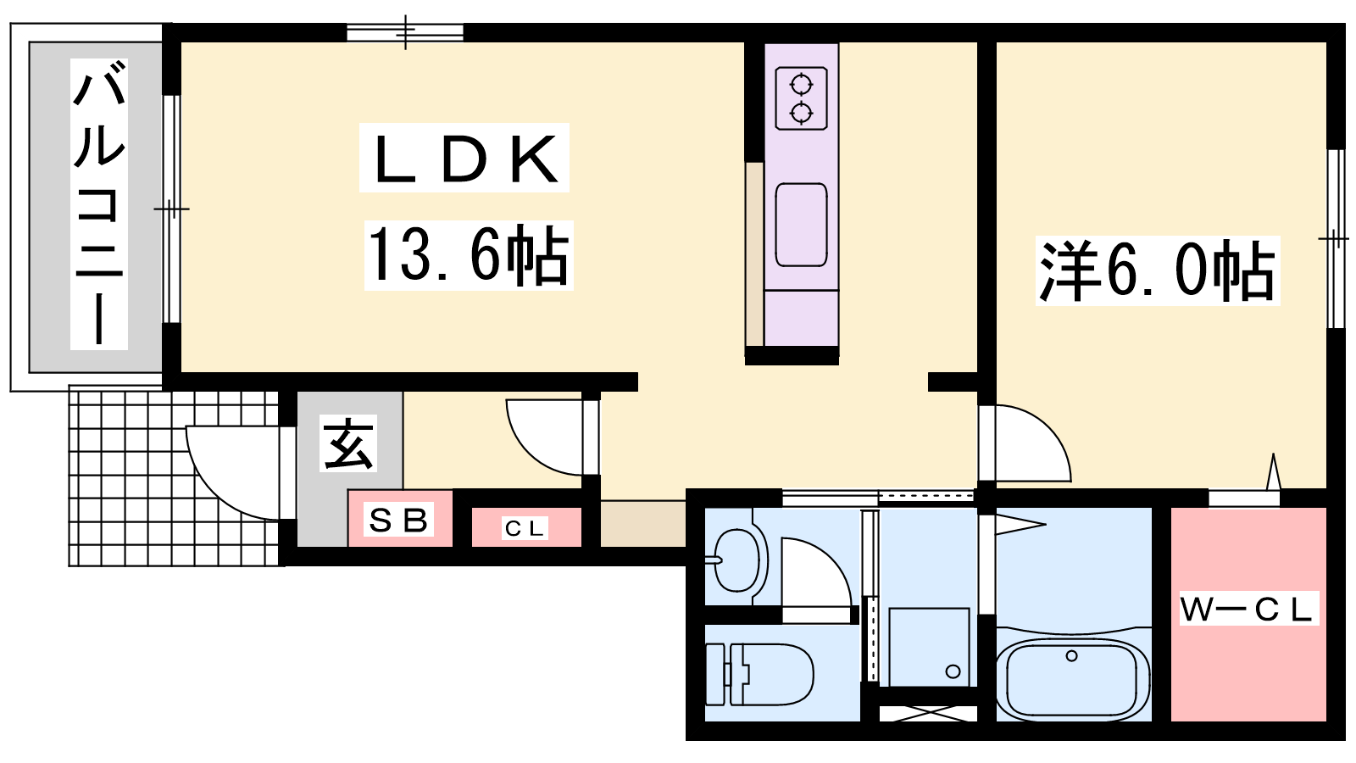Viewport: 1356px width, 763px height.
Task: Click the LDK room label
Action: click(x=464, y=158)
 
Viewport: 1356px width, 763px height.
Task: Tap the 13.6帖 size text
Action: click(x=469, y=255)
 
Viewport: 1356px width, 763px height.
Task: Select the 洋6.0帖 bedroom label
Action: click(x=1158, y=270)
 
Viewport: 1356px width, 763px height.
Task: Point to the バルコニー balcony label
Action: click(x=98, y=204)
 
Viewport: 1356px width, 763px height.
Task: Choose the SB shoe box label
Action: click(x=399, y=520)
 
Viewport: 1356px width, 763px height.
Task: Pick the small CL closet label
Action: click(x=525, y=529)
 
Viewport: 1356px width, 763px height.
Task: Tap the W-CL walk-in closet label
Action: click(x=1248, y=609)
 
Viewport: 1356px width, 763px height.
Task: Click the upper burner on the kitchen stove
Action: click(x=801, y=85)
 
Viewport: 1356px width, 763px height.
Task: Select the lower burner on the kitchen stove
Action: click(x=801, y=114)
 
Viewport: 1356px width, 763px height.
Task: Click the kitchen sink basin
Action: click(x=801, y=225)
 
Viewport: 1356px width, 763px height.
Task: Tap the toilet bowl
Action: click(x=772, y=674)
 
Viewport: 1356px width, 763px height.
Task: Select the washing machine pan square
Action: click(x=929, y=648)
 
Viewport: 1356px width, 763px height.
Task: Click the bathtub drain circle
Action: click(x=1071, y=656)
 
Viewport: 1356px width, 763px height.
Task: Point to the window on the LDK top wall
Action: click(x=405, y=31)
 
